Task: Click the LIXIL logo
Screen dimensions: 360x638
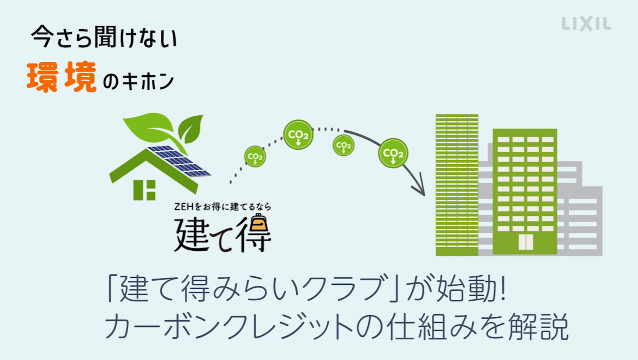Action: tap(586, 24)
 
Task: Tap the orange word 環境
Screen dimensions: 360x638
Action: tap(61, 79)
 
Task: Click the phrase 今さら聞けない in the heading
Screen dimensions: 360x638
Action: tap(104, 39)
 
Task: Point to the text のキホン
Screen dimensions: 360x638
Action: tap(138, 82)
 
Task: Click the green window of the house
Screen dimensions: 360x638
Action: tap(144, 189)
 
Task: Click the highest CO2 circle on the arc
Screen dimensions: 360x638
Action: tap(298, 135)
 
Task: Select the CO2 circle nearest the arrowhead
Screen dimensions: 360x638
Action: tap(393, 153)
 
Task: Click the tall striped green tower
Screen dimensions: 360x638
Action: tap(457, 185)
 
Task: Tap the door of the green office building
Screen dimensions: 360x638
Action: tap(525, 242)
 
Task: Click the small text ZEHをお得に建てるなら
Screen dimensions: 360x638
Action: tap(222, 206)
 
